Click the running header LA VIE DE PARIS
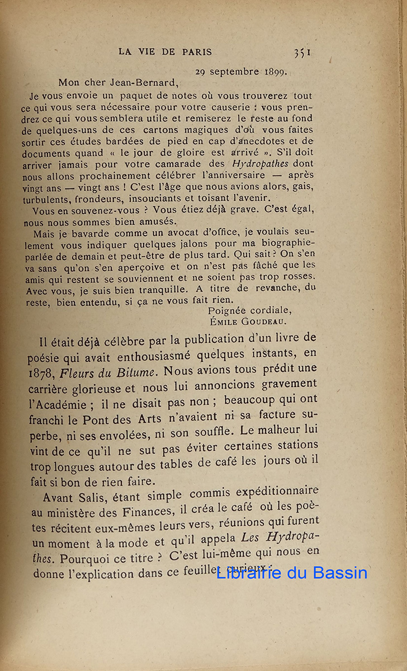pyautogui.click(x=165, y=52)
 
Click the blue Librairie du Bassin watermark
pyautogui.click(x=292, y=573)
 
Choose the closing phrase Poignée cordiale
pyautogui.click(x=249, y=310)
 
